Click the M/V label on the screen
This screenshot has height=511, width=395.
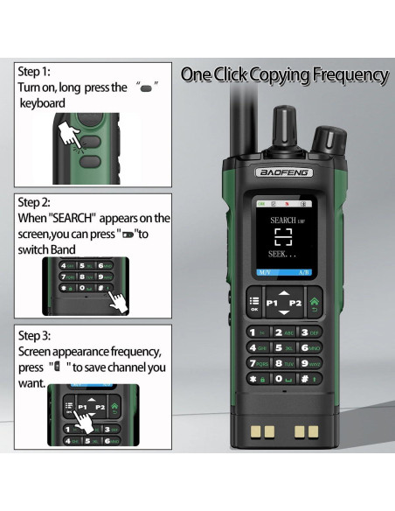tap(263, 272)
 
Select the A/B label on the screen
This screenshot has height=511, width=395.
tap(304, 272)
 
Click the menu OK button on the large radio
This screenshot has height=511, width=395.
tap(254, 303)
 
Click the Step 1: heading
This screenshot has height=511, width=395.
tap(34, 71)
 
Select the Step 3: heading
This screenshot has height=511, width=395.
tap(35, 335)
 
